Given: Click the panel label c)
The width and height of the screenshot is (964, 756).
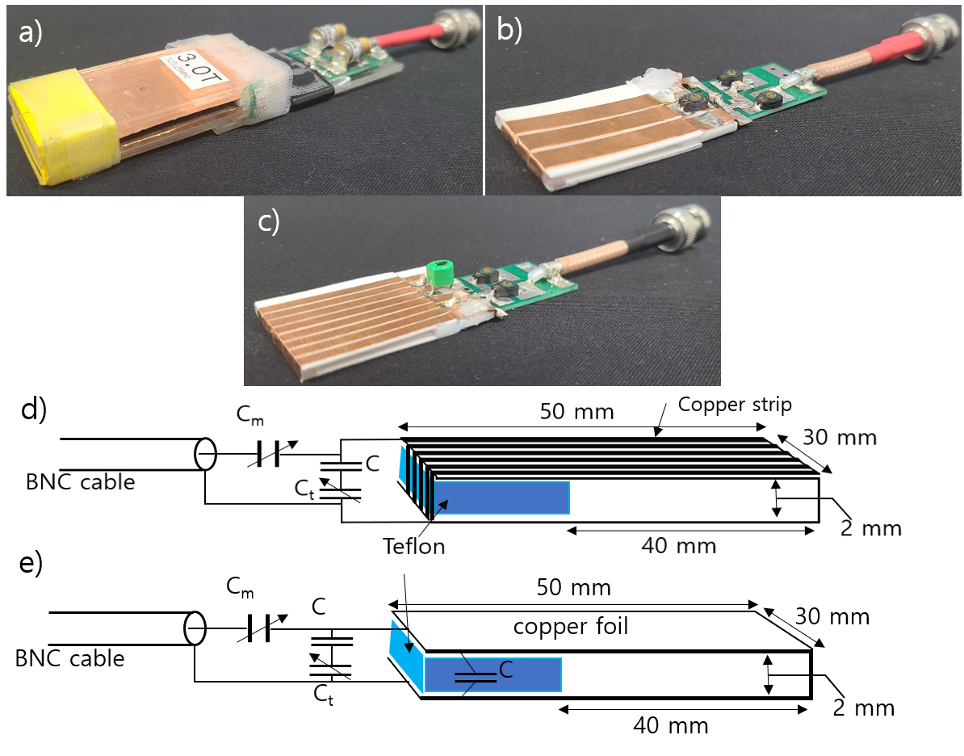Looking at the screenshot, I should tap(268, 221).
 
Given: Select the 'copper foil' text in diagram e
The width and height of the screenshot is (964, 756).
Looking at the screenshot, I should tap(570, 627).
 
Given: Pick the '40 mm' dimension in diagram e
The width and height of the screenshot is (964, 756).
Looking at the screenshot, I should tap(671, 724).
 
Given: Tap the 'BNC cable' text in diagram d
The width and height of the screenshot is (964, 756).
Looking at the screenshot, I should tap(80, 483).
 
